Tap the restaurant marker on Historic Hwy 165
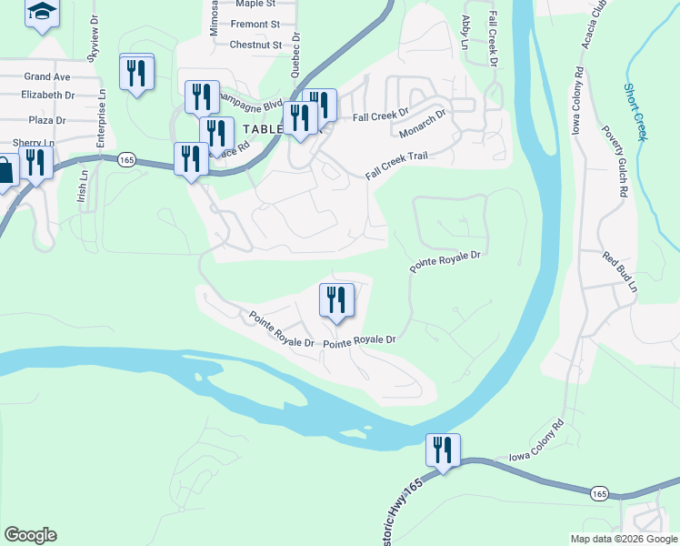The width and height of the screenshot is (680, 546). click(x=444, y=450)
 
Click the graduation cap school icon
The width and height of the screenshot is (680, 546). click(x=40, y=13)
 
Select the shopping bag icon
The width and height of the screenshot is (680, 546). click(x=5, y=170)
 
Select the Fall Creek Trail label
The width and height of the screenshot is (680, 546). click(x=396, y=166)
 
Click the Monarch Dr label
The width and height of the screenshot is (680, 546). click(x=423, y=126)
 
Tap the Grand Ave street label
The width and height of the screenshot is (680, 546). click(x=46, y=77)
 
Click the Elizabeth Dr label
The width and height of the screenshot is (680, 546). click(x=48, y=95)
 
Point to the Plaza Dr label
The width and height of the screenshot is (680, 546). click(x=47, y=120)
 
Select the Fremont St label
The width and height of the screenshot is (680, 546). click(x=255, y=25)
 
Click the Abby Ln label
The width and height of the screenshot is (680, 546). click(x=465, y=32)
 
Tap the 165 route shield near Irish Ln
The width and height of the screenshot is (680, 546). click(x=126, y=159)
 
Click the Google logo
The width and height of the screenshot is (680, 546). click(x=30, y=535)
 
